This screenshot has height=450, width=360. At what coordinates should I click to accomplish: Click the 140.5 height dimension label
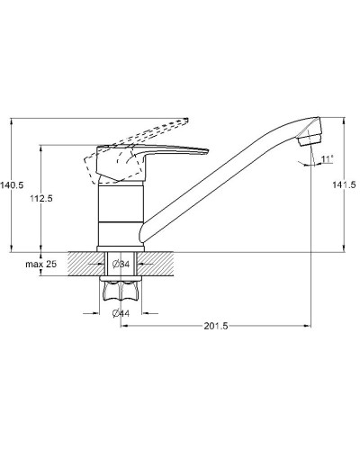[x=12, y=185]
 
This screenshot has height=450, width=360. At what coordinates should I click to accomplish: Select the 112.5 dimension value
[x=41, y=198]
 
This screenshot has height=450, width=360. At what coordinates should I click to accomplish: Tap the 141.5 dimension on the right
[x=344, y=184]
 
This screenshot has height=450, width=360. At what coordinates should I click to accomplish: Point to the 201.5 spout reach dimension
[x=216, y=326]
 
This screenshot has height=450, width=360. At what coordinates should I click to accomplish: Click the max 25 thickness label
[x=40, y=265]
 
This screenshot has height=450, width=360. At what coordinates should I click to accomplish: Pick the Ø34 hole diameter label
[x=121, y=265]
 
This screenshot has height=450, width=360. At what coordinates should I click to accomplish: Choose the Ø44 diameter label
[x=121, y=313]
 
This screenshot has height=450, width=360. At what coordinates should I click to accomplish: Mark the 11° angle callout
[x=328, y=158]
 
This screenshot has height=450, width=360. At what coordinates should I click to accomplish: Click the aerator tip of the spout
[x=310, y=140]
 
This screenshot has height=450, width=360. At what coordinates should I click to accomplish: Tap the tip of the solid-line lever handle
[x=208, y=151]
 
